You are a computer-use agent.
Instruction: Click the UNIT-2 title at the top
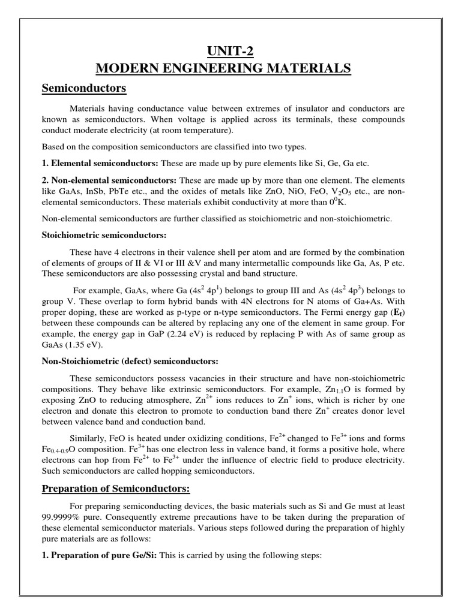pyautogui.click(x=230, y=51)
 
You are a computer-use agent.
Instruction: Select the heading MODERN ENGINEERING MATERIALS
pyautogui.click(x=230, y=69)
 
